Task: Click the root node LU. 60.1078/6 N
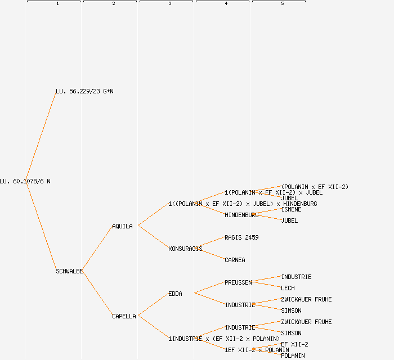[25, 181]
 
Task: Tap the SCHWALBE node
[69, 271]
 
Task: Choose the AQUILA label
[122, 226]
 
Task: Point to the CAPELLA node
[124, 316]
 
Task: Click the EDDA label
[175, 294]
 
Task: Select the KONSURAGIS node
[185, 249]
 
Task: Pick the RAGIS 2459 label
[241, 237]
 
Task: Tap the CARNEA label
[235, 260]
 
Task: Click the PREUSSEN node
[238, 282]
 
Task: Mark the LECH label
[288, 288]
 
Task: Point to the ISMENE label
[291, 209]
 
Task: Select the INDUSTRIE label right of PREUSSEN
[296, 277]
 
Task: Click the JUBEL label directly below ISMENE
[289, 220]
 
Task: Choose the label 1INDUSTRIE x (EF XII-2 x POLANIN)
[224, 339]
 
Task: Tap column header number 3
[169, 4]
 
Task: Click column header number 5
[282, 4]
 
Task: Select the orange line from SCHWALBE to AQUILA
[97, 249]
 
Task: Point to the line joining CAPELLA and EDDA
[153, 305]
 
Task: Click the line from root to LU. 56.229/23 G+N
[41, 136]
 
